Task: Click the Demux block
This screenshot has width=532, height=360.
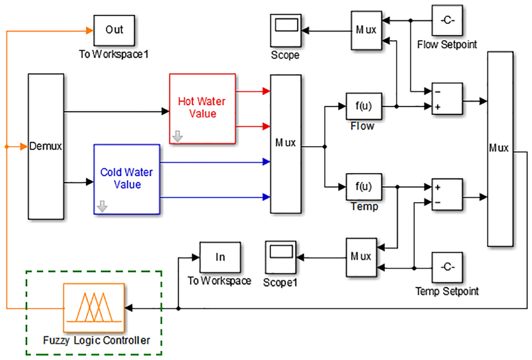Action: (46, 146)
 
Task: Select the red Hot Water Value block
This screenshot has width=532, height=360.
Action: (202, 109)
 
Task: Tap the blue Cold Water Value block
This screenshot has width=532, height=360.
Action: (127, 179)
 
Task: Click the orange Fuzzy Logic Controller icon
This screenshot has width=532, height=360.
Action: (94, 307)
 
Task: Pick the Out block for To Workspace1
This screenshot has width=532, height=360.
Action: (114, 31)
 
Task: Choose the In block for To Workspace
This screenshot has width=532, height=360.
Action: (220, 257)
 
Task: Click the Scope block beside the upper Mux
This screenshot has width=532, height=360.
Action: (286, 31)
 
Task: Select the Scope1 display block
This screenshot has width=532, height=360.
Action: (280, 257)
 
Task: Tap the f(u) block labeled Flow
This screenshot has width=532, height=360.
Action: (364, 106)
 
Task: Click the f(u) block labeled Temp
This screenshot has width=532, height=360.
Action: (364, 187)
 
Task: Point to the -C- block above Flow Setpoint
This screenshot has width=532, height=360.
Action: (447, 20)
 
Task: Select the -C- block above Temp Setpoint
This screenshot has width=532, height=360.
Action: (447, 267)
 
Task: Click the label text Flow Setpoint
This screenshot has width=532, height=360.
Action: (447, 44)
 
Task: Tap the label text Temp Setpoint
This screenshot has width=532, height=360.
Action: (447, 291)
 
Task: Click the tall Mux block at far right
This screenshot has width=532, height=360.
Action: (500, 149)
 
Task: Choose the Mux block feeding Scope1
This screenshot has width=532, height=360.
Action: (361, 257)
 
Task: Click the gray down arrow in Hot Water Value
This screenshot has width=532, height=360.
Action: (178, 137)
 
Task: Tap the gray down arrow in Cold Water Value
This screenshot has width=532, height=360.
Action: (102, 206)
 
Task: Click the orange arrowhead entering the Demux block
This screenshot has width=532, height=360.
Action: (24, 146)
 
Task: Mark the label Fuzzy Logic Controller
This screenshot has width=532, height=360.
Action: (96, 340)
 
